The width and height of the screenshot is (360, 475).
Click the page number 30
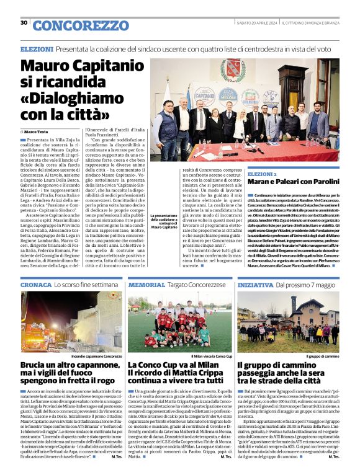(24, 23)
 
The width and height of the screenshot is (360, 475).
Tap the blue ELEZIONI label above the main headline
(37, 48)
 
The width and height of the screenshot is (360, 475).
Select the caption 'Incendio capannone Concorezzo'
(97, 357)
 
